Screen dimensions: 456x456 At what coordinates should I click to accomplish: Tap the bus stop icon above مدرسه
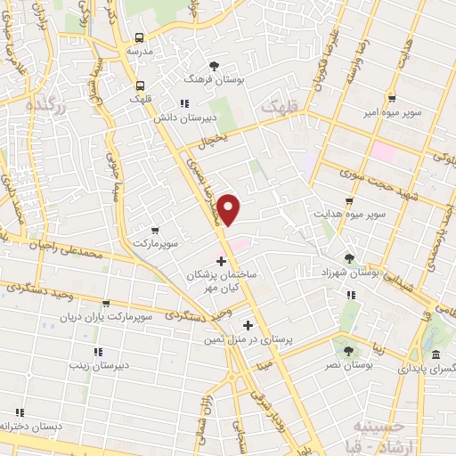pyautogui.click(x=140, y=37)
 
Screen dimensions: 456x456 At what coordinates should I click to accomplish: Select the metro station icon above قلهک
pyautogui.click(x=140, y=85)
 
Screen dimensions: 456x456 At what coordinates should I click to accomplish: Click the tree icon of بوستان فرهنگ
pyautogui.click(x=214, y=67)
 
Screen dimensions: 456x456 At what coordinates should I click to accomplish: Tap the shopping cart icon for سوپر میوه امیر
pyautogui.click(x=392, y=100)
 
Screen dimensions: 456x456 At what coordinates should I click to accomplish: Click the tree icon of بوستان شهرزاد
pyautogui.click(x=349, y=258)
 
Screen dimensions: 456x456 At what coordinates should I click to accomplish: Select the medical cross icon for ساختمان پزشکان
pyautogui.click(x=222, y=261)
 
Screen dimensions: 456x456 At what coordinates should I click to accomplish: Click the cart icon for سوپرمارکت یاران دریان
pyautogui.click(x=106, y=303)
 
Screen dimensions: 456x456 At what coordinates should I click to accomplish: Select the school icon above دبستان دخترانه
pyautogui.click(x=20, y=412)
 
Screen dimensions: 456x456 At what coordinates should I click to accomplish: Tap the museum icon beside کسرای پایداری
pyautogui.click(x=436, y=355)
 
